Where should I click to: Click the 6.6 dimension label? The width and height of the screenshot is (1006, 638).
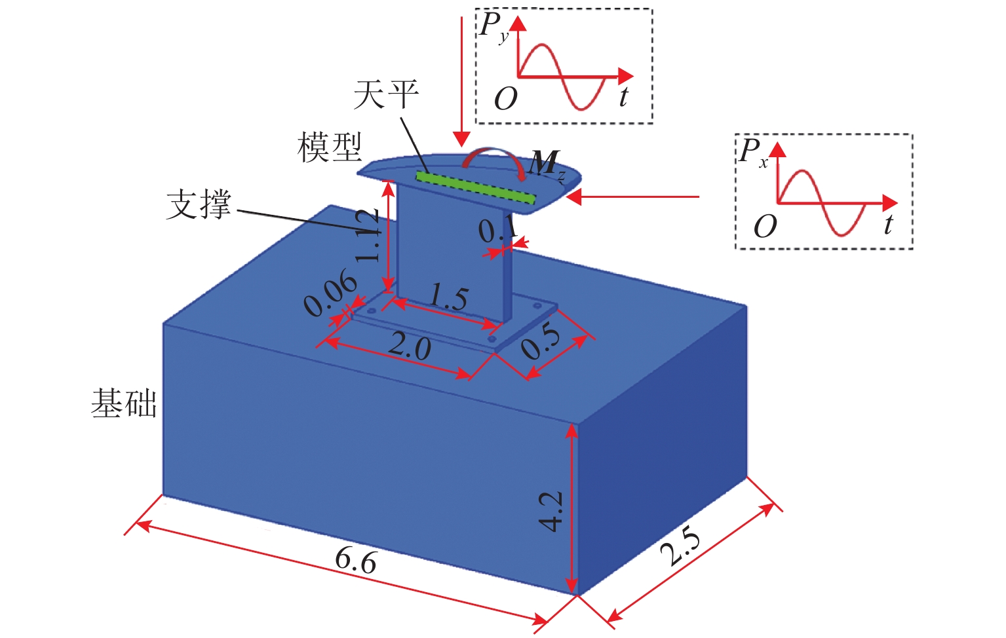tap(356, 561)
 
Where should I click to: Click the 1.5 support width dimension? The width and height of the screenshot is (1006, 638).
tap(448, 298)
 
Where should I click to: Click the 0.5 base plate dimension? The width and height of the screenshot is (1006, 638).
tap(541, 342)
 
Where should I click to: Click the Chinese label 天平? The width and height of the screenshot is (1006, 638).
tap(386, 95)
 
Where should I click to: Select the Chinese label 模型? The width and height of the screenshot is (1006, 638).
tap(330, 147)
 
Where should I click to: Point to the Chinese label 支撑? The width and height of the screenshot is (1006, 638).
tap(199, 204)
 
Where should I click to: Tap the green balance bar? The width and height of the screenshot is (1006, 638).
tap(476, 187)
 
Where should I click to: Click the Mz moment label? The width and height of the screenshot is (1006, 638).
tap(547, 163)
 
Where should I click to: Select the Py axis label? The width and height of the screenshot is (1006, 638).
tap(493, 28)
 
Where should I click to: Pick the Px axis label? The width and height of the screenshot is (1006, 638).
tap(753, 152)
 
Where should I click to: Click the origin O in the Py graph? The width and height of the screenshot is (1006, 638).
tap(505, 99)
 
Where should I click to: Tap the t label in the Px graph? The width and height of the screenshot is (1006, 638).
tap(888, 225)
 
